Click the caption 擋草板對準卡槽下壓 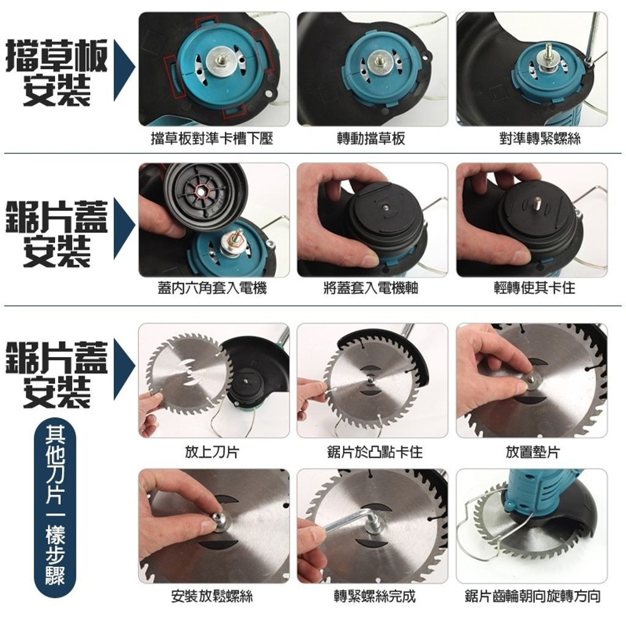[x=212, y=139]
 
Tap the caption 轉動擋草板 [x=371, y=139]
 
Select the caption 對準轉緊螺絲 [x=540, y=139]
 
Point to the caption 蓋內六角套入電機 [x=212, y=288]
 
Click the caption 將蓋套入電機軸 [x=371, y=288]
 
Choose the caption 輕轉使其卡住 [x=535, y=288]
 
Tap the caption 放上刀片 [x=212, y=452]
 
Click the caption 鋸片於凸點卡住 [x=375, y=452]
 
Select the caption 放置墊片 [x=533, y=452]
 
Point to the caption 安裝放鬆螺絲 [x=212, y=597]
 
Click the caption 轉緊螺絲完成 [x=375, y=597]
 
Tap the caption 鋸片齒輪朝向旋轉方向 [x=533, y=597]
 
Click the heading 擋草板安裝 [x=57, y=72]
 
